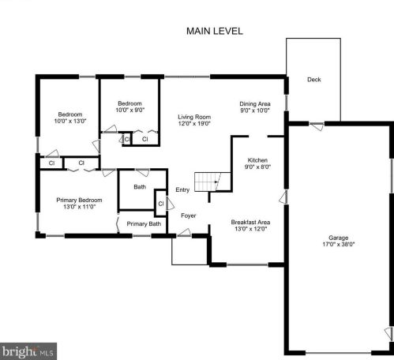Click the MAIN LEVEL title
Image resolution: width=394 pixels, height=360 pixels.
click(215, 31)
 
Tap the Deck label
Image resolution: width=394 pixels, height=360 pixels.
click(314, 80)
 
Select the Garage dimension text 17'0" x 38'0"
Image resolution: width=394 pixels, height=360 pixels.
click(339, 244)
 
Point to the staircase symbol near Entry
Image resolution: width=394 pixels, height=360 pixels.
click(212, 182)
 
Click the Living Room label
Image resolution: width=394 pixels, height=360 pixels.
click(194, 117)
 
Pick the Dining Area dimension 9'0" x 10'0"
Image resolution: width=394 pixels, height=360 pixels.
click(255, 111)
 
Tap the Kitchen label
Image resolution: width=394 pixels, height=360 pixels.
click(257, 160)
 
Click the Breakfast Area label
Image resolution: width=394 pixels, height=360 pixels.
click(250, 222)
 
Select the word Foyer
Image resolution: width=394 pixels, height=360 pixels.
click(189, 216)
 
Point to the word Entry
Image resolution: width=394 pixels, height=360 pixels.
click(182, 189)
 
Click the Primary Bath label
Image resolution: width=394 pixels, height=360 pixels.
click(144, 223)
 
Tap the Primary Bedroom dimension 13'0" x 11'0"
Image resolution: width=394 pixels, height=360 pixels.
click(79, 207)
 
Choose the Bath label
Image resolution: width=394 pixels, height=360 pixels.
click(140, 187)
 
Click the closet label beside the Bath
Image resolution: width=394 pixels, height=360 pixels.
click(161, 204)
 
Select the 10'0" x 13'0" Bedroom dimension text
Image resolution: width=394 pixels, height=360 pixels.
click(70, 121)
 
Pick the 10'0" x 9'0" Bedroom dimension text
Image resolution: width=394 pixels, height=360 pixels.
click(130, 110)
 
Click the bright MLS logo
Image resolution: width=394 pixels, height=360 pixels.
click(28, 351)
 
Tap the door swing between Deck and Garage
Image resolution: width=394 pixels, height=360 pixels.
click(317, 126)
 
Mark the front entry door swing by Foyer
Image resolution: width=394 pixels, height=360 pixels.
click(184, 232)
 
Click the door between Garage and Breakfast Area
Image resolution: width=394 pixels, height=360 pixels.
click(283, 197)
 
